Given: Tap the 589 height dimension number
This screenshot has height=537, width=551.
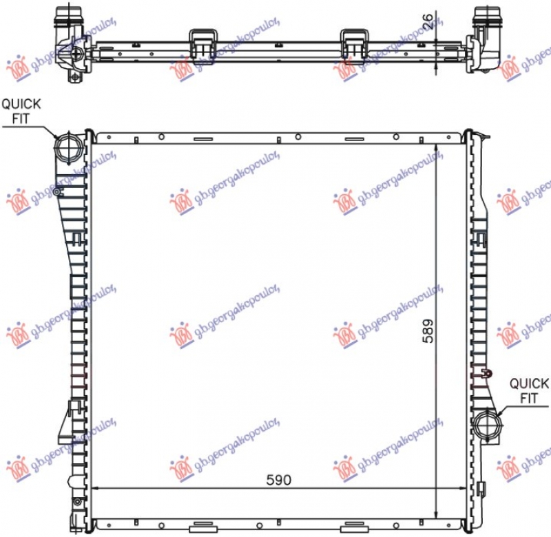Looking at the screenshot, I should click(428, 331).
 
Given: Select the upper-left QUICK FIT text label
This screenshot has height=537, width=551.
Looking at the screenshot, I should click(21, 111).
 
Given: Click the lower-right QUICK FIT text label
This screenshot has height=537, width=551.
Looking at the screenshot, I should click(529, 390).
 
